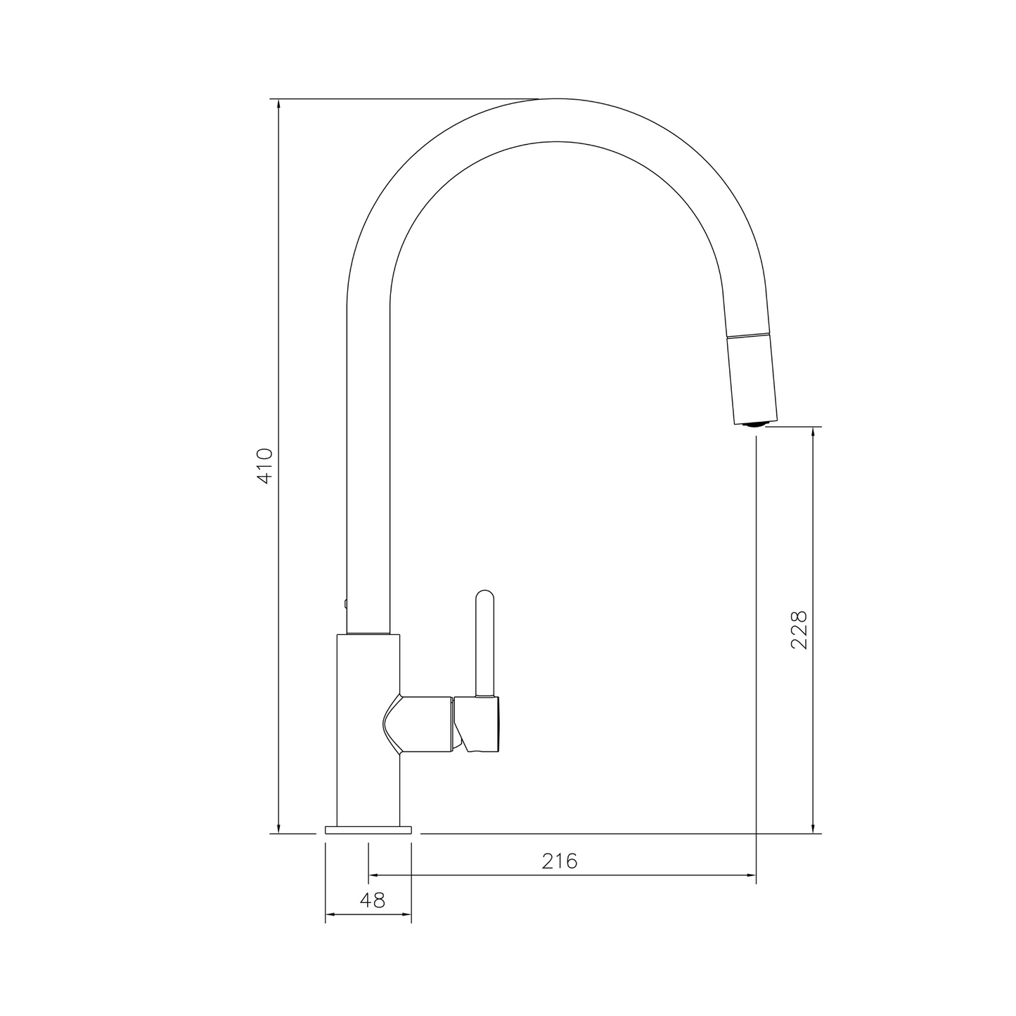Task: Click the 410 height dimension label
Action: pos(265,465)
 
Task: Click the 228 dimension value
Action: pos(799,629)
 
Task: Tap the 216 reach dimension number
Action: pos(559,861)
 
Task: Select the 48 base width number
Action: pos(373,900)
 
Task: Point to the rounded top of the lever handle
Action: pos(485,595)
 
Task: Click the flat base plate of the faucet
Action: pos(368,830)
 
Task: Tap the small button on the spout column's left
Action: pos(345,603)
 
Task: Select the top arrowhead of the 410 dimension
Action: pos(279,105)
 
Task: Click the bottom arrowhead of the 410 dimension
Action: pos(279,828)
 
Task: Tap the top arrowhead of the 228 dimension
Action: pos(814,432)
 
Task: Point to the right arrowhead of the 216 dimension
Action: pos(750,875)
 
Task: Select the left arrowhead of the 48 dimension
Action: pos(330,915)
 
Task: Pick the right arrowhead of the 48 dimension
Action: pos(406,915)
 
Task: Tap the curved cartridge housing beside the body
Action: pos(418,724)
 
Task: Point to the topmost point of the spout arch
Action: pos(555,99)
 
